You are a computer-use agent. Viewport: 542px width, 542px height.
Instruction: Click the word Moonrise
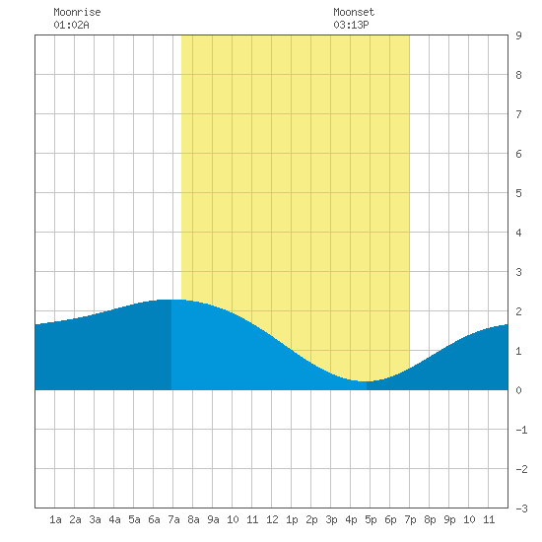tap(77, 12)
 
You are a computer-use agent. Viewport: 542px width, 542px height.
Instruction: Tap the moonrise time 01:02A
tap(71, 25)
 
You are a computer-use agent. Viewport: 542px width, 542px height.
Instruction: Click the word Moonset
tap(354, 12)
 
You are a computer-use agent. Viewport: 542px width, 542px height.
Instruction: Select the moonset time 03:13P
tap(351, 25)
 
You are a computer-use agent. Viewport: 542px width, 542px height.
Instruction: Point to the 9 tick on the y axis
tap(518, 35)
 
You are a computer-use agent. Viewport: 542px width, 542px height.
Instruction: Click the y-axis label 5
tap(518, 193)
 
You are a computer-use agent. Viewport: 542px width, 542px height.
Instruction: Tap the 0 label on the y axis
tap(518, 390)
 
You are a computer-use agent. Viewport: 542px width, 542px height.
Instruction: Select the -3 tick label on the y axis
tap(521, 508)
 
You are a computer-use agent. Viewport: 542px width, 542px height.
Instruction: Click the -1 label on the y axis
tap(521, 430)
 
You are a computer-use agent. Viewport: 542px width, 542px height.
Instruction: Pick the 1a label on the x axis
tap(55, 519)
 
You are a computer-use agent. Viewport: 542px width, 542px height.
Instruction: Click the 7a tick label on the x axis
tap(173, 519)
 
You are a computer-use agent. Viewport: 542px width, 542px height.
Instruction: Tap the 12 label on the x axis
tap(272, 519)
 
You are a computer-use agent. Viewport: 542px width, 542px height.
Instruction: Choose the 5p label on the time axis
tap(371, 519)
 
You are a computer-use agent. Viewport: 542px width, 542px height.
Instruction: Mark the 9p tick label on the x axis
tap(449, 519)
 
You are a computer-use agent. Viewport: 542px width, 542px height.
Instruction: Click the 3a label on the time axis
tap(95, 519)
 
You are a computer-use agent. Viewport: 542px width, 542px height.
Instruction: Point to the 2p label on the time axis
tap(311, 519)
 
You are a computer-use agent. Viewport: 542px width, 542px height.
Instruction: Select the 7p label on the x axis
tap(410, 519)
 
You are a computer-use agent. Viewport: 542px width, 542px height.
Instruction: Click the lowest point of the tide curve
tap(366, 381)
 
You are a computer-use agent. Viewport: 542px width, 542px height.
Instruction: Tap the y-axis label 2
tap(518, 311)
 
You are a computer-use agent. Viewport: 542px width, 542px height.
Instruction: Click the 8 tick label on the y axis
tap(518, 75)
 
